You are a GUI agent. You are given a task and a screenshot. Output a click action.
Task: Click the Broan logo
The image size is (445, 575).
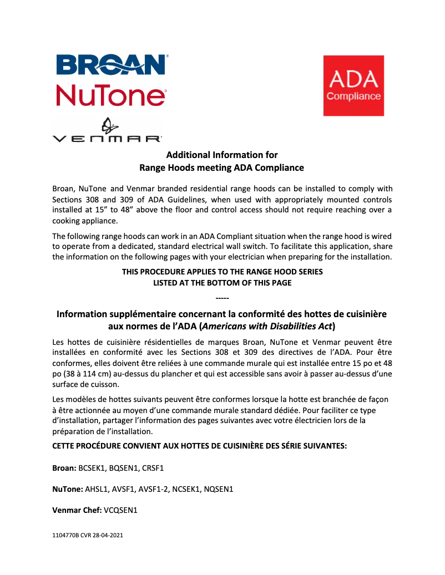click(111, 64)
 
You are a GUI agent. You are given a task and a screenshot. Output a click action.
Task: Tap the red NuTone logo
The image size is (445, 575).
click(111, 95)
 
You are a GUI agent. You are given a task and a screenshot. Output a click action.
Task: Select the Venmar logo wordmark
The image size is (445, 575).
click(107, 138)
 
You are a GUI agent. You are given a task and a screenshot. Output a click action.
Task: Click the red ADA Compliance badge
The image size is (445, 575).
click(353, 85)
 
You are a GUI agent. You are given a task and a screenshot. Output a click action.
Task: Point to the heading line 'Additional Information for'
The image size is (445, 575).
click(222, 155)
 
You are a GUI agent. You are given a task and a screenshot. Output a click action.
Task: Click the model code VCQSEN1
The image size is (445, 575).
click(120, 510)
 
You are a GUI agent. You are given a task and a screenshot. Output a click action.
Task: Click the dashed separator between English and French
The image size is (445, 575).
click(222, 299)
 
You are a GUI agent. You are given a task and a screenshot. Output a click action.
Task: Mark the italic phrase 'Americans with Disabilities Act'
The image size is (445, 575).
click(265, 326)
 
